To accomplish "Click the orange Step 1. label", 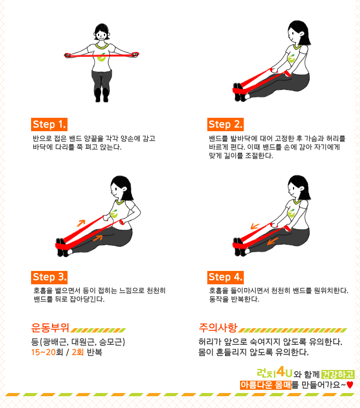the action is (x=49, y=124).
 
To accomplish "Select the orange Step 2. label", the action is (x=226, y=124).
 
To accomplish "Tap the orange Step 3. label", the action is (x=49, y=277).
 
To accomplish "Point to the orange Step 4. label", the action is (x=226, y=277).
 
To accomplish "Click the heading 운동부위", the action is (x=50, y=328).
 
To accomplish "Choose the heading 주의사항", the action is (x=218, y=328).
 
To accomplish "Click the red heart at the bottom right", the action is (x=350, y=385).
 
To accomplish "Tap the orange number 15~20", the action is (x=43, y=352).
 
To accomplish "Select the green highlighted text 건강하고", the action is (x=338, y=374).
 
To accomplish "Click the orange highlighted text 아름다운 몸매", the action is (x=266, y=385).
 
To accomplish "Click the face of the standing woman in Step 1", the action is (x=102, y=35).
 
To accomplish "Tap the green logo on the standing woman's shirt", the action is (x=102, y=57).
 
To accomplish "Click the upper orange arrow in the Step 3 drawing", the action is (x=81, y=223).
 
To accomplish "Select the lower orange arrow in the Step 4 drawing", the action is (x=273, y=241).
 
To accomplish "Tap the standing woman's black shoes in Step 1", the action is (x=102, y=95).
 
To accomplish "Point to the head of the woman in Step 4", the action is (x=298, y=187).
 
